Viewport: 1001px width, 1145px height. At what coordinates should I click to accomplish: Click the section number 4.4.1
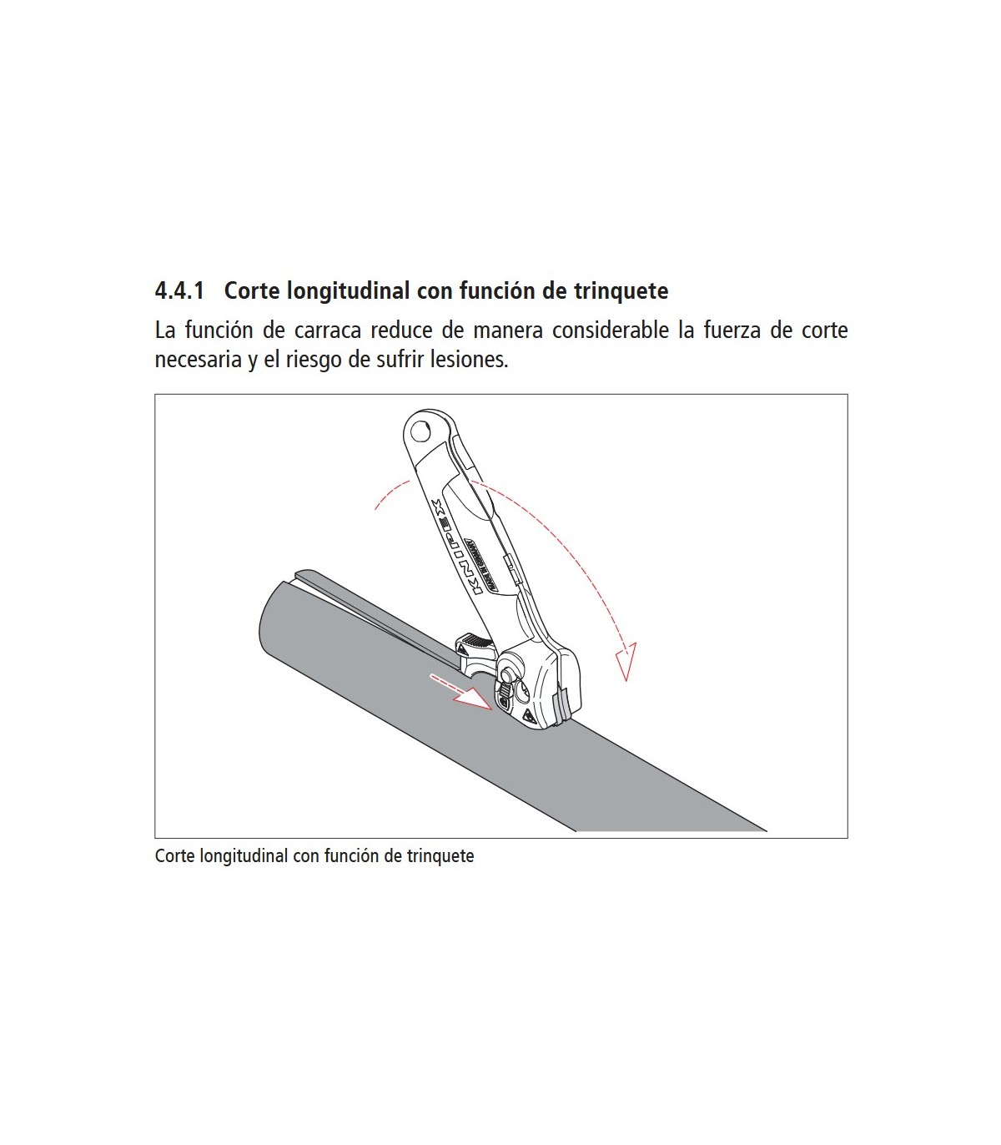(179, 291)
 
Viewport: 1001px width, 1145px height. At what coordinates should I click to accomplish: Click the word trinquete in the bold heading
(621, 291)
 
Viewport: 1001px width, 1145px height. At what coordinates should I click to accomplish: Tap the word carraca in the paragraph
(328, 330)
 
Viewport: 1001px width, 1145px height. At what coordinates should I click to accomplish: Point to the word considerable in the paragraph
(610, 330)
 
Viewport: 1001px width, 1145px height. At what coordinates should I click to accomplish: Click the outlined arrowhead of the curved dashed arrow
(626, 662)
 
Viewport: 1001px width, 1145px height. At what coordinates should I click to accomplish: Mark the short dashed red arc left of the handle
(390, 492)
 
